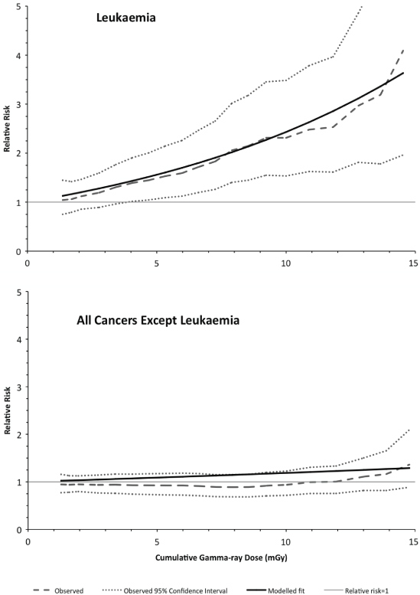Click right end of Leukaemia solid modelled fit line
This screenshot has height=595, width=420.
point(403,73)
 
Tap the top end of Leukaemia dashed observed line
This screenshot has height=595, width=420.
point(403,49)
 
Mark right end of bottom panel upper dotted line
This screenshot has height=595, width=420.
point(410,430)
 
